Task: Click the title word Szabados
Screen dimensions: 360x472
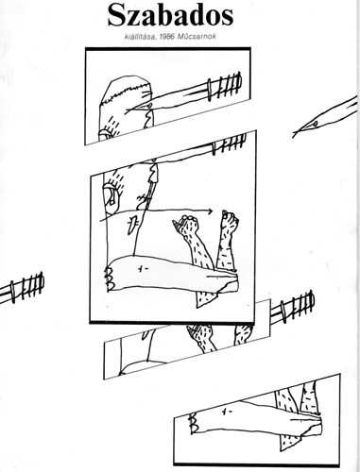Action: point(170,16)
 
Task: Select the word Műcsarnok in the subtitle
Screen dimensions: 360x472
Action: point(197,37)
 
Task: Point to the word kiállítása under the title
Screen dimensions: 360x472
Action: point(141,37)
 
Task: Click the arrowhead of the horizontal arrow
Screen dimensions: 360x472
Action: point(209,211)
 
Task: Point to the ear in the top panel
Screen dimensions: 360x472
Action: point(105,135)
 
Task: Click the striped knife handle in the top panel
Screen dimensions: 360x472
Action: point(225,86)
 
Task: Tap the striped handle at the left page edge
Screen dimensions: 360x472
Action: point(26,287)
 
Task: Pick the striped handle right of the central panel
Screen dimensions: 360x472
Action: point(294,306)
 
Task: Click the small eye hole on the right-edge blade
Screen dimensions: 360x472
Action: point(315,124)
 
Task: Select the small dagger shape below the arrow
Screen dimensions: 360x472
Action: point(132,223)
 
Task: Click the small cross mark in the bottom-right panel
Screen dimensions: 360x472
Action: point(226,411)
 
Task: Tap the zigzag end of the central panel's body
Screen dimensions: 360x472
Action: point(111,278)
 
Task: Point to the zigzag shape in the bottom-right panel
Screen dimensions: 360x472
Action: point(193,423)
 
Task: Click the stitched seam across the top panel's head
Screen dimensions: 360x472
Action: point(127,93)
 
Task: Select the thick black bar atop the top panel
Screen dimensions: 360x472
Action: point(168,49)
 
